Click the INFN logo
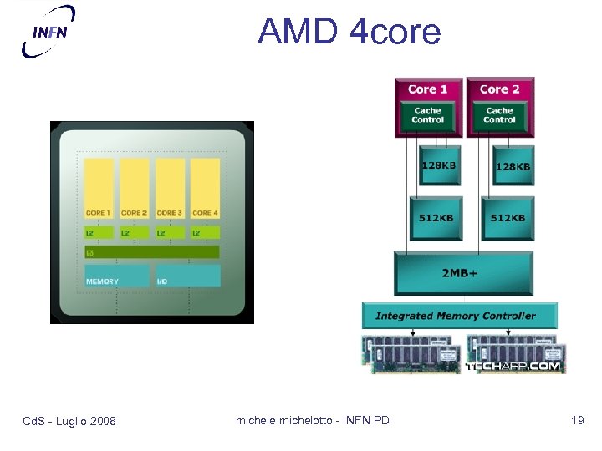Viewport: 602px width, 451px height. pos(48,31)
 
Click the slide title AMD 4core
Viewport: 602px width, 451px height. pos(349,32)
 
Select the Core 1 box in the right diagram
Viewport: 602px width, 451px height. pos(427,89)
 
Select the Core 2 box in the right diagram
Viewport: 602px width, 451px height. pos(499,89)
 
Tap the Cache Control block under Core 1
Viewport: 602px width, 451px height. pos(427,115)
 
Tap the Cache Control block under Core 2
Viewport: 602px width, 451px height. pos(499,115)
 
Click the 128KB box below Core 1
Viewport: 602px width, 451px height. pos(438,167)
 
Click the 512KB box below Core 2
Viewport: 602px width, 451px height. pos(508,219)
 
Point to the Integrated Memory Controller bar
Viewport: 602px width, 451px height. pos(459,316)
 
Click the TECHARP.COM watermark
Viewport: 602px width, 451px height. pos(513,367)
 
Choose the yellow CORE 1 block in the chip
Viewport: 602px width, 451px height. pos(99,189)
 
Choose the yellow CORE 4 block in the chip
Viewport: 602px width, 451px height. pos(205,189)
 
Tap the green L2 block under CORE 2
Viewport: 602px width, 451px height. pos(135,232)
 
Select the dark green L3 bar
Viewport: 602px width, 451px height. pos(151,251)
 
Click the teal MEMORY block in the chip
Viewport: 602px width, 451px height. pos(117,276)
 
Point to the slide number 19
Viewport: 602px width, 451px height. pos(577,420)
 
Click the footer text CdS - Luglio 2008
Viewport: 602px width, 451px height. pos(69,421)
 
